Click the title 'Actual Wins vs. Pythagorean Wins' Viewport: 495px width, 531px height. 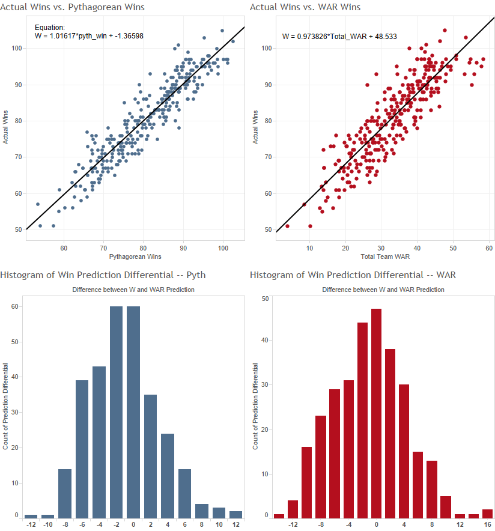[72, 7]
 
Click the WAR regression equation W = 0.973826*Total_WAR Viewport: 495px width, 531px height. [339, 37]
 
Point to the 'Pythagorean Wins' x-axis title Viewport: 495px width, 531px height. [133, 257]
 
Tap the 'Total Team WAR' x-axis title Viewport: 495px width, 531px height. [383, 257]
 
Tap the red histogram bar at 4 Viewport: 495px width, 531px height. [404, 451]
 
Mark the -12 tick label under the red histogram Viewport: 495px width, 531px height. [293, 524]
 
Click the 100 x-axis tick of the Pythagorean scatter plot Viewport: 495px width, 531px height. [223, 247]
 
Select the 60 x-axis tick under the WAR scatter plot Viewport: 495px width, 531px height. [489, 247]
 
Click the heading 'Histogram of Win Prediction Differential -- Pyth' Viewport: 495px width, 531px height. [103, 275]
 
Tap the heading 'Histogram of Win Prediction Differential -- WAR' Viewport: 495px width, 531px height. [353, 275]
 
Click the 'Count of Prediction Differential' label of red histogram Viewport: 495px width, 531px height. [255, 407]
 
